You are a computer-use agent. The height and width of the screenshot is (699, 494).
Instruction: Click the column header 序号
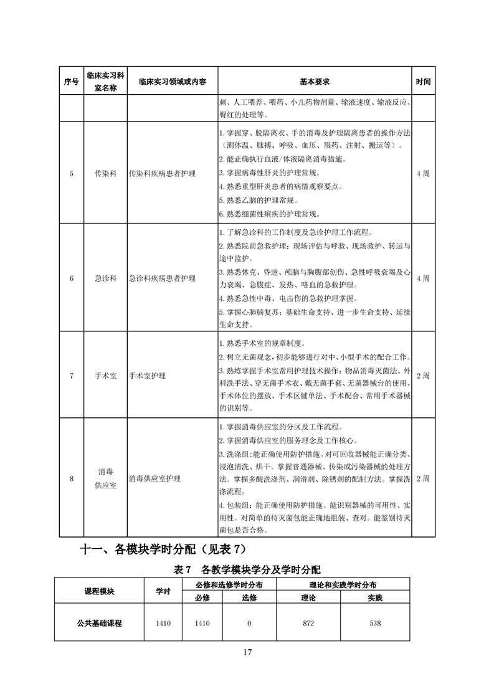click(x=72, y=82)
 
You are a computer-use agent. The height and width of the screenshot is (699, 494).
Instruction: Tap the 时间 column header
click(x=423, y=82)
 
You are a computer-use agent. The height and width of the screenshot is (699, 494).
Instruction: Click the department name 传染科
click(x=105, y=173)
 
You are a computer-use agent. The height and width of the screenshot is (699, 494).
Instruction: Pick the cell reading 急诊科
click(x=105, y=278)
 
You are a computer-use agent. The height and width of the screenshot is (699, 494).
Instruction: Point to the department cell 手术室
click(x=105, y=376)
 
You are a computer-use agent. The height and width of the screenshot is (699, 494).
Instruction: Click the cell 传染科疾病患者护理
click(x=162, y=173)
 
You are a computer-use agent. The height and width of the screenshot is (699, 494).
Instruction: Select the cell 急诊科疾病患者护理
click(x=162, y=278)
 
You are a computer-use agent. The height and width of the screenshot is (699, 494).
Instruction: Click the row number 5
click(x=72, y=173)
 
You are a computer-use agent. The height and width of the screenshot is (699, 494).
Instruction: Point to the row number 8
click(x=72, y=478)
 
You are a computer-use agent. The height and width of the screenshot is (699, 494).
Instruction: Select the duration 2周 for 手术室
click(x=423, y=376)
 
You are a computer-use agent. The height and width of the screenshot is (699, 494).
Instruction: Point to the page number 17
click(x=247, y=652)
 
